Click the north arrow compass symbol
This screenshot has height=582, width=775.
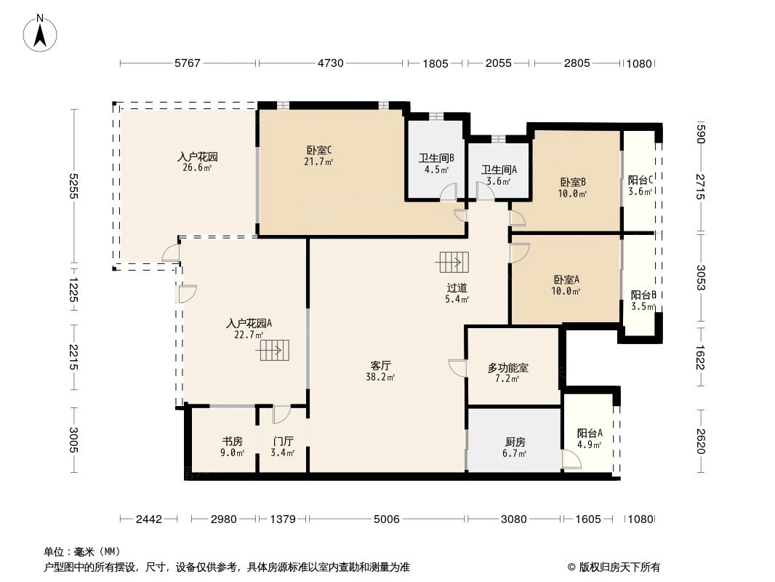(41, 32)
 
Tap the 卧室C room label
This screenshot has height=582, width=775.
(319, 151)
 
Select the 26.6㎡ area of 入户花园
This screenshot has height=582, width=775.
(198, 168)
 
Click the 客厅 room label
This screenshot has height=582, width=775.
(380, 365)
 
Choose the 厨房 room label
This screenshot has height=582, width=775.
(515, 441)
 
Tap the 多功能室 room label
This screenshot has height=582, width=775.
(507, 368)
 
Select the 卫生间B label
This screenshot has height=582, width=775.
(436, 158)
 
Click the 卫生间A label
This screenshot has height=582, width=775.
(499, 170)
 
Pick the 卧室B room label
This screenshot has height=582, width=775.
(573, 182)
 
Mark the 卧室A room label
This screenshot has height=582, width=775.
(566, 279)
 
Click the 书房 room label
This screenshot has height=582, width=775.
(232, 441)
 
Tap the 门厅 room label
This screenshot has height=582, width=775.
(283, 441)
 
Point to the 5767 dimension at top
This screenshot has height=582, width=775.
(187, 63)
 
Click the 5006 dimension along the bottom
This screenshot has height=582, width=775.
(386, 519)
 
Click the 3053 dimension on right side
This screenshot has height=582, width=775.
(700, 278)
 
